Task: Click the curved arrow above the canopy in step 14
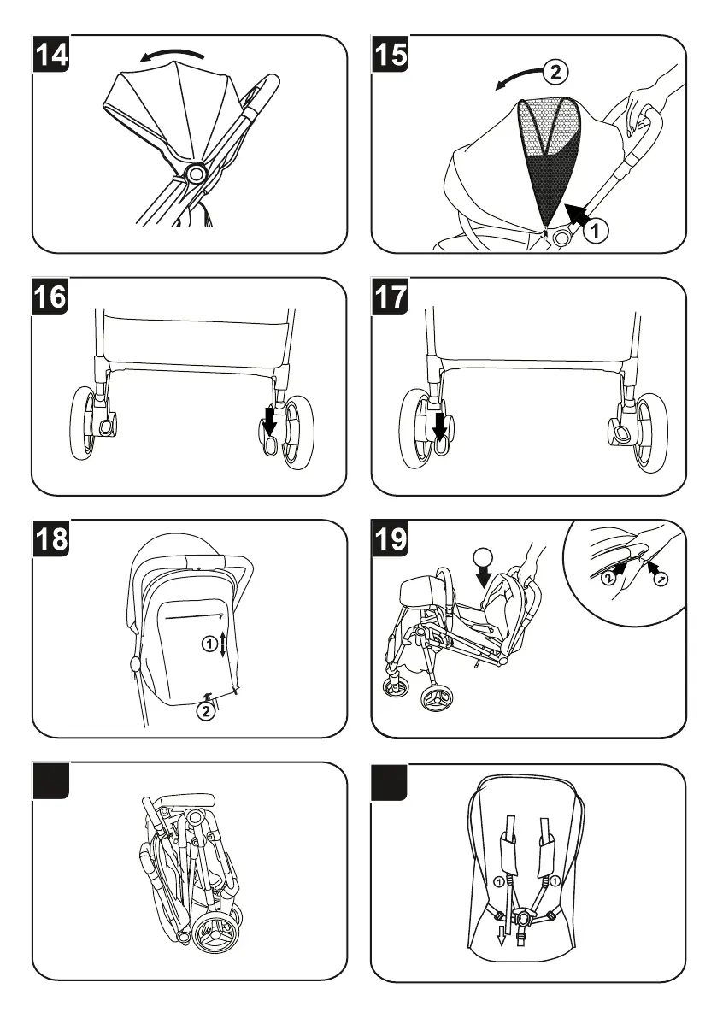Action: (173, 56)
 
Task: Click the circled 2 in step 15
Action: (555, 72)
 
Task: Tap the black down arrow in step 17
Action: (439, 423)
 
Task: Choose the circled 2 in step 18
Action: (205, 709)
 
